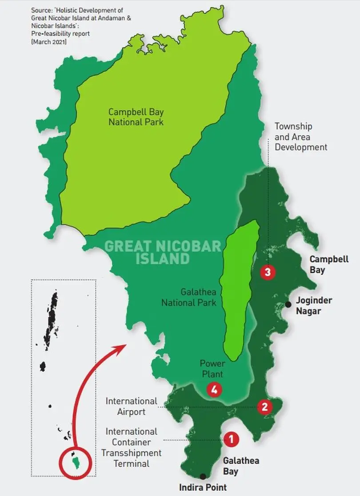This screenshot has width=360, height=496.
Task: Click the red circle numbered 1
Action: coord(231,440)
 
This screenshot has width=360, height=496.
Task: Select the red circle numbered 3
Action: coord(268,272)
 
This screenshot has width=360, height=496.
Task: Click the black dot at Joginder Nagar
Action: coord(288,304)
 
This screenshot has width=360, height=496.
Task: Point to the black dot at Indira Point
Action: coord(203,476)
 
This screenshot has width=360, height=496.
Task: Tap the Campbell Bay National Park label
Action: coord(136,117)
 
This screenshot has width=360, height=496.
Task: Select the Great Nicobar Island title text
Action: coord(162,252)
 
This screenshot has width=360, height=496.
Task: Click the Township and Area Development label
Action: coord(301,137)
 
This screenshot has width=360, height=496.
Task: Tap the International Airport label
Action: coord(132,407)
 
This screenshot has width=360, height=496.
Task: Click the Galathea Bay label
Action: coord(241,466)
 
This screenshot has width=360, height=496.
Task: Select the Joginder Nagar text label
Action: coord(314,306)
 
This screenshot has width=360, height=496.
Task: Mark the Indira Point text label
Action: coord(203,487)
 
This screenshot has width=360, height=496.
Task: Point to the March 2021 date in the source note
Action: coord(48,41)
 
